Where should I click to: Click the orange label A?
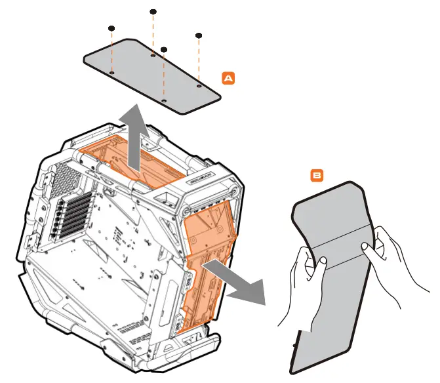pos(228,77)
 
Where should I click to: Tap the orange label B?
pos(317,176)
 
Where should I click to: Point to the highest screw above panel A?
pos(153,12)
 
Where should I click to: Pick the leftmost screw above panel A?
pos(112,28)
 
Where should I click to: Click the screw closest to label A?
pos(199,35)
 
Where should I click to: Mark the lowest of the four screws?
pos(164,49)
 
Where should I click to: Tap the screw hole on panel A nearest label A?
pos(199,84)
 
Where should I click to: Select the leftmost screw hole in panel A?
pos(112,73)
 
